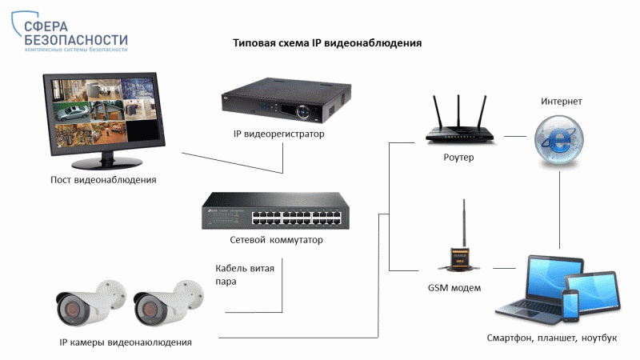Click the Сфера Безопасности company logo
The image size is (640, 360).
70,32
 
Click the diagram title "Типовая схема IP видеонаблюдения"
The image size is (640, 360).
327,43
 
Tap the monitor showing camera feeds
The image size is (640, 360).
105,121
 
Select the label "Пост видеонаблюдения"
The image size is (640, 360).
103,179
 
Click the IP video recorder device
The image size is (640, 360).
286,101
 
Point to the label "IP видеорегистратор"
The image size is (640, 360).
278,134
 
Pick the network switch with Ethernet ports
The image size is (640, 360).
275,210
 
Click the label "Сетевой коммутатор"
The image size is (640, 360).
276,239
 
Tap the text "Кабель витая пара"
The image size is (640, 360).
245,274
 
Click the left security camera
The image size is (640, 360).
90,303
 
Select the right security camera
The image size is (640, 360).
168,303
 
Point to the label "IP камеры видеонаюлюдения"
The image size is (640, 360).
126,342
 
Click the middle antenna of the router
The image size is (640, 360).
458,111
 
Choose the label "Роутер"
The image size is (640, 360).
458,157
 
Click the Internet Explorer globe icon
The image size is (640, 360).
558,140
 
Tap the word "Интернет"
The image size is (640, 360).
562,102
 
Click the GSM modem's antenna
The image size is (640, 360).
464,223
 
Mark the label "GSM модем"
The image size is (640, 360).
454,288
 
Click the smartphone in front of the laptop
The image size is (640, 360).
570,306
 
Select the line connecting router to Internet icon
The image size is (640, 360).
515,136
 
